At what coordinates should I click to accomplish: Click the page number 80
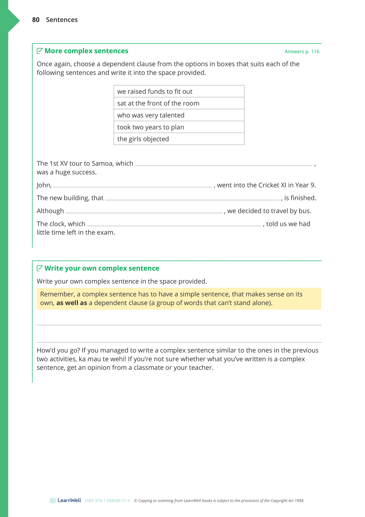[x=36, y=20]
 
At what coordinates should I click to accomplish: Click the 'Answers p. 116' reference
[x=302, y=52]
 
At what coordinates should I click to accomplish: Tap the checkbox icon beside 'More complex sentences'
[x=40, y=51]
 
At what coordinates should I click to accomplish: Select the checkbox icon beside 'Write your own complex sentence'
[x=40, y=268]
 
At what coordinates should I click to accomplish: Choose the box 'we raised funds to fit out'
[x=179, y=91]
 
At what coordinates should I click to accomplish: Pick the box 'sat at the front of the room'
[x=179, y=103]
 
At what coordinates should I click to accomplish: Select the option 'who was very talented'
[x=179, y=115]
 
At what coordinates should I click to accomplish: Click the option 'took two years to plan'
[x=179, y=127]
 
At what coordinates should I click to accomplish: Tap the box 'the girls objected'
[x=179, y=139]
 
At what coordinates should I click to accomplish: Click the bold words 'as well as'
[x=71, y=303]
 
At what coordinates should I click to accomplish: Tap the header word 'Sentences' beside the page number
[x=62, y=20]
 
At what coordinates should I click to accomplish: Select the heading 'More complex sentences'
[x=86, y=51]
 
